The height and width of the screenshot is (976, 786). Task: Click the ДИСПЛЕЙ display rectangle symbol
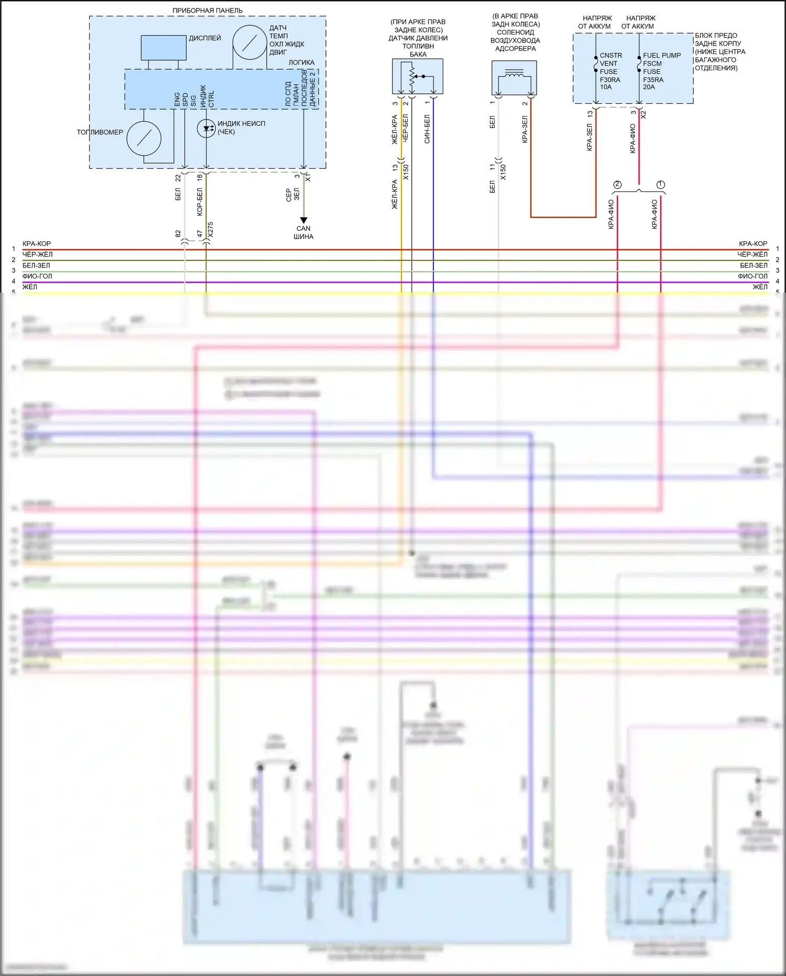coord(163,48)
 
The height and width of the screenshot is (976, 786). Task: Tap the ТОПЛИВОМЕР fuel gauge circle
coord(144,138)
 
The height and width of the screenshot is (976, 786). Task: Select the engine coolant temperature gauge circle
coord(250,42)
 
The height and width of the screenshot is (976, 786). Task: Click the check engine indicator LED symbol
coord(206,128)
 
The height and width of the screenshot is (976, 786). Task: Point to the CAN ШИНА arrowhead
coord(303,220)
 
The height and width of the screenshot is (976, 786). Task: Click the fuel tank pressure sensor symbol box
coord(418,77)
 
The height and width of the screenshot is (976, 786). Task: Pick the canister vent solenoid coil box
coord(514,78)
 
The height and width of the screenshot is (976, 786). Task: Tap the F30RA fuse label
coord(610,80)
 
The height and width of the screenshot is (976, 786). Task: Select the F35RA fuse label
coord(653,80)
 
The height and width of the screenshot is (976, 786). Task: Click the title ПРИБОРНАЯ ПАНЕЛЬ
coord(208,10)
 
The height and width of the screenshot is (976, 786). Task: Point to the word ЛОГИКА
coord(301,62)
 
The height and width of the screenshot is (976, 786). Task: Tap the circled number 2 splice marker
coord(617,185)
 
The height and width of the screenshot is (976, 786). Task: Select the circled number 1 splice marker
coord(661,185)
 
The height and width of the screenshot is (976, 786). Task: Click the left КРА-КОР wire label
coord(37,244)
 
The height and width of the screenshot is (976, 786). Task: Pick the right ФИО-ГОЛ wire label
coord(752,276)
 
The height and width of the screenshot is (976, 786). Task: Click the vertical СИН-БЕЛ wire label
coord(427,129)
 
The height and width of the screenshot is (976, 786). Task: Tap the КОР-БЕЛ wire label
coord(200,202)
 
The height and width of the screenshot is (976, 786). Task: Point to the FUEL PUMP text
coord(662,55)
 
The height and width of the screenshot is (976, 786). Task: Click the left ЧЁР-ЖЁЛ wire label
coord(37,254)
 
